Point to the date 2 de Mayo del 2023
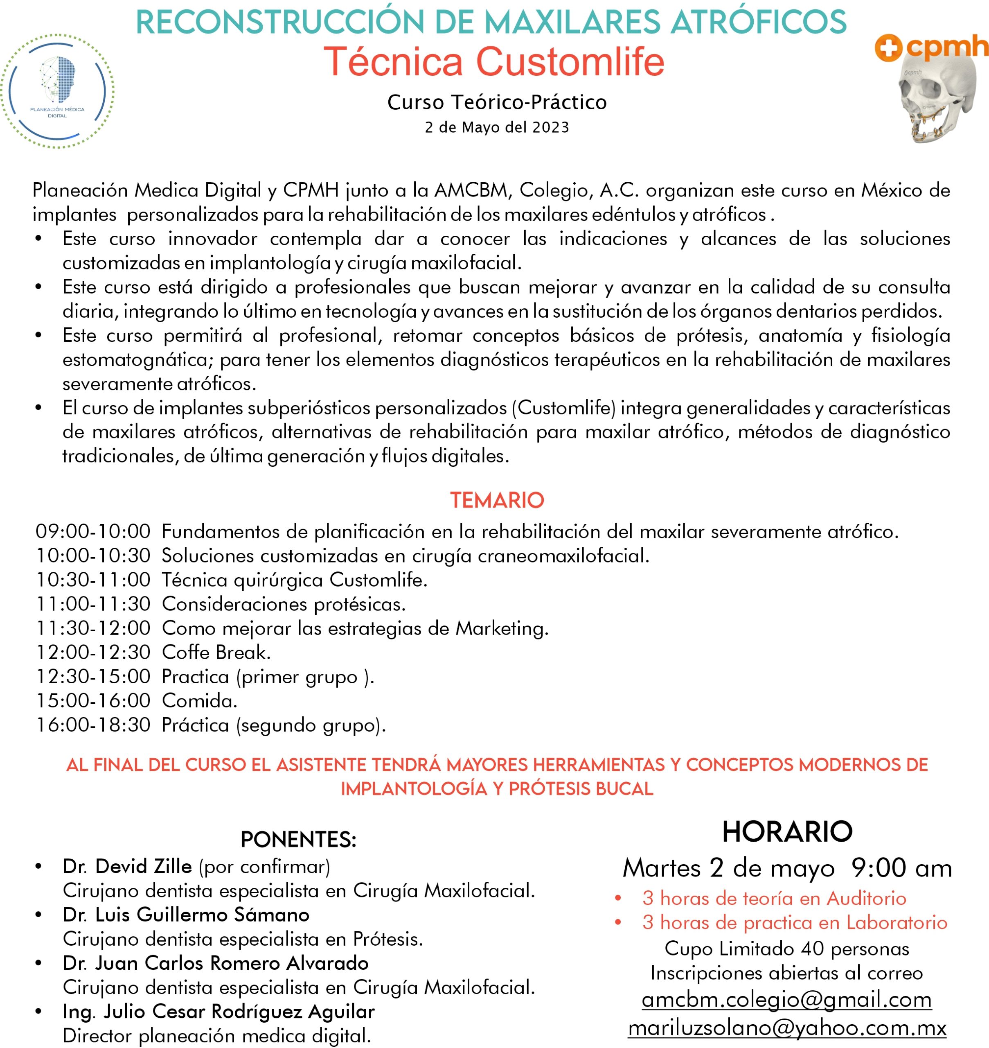pos(497,128)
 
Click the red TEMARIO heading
pos(497,500)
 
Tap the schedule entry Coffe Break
pos(216,653)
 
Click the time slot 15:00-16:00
pos(93,701)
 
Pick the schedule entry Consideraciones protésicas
pos(284,604)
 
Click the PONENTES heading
pos(298,840)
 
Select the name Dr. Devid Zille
pos(127,867)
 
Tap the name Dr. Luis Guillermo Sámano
pos(186,915)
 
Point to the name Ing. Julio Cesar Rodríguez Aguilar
pos(218,1012)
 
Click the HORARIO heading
pos(787,832)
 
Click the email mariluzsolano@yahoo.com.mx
pos(787,1028)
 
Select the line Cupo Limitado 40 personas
pos(786,949)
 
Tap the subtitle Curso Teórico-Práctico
pos(497,102)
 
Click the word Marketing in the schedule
pos(501,629)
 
